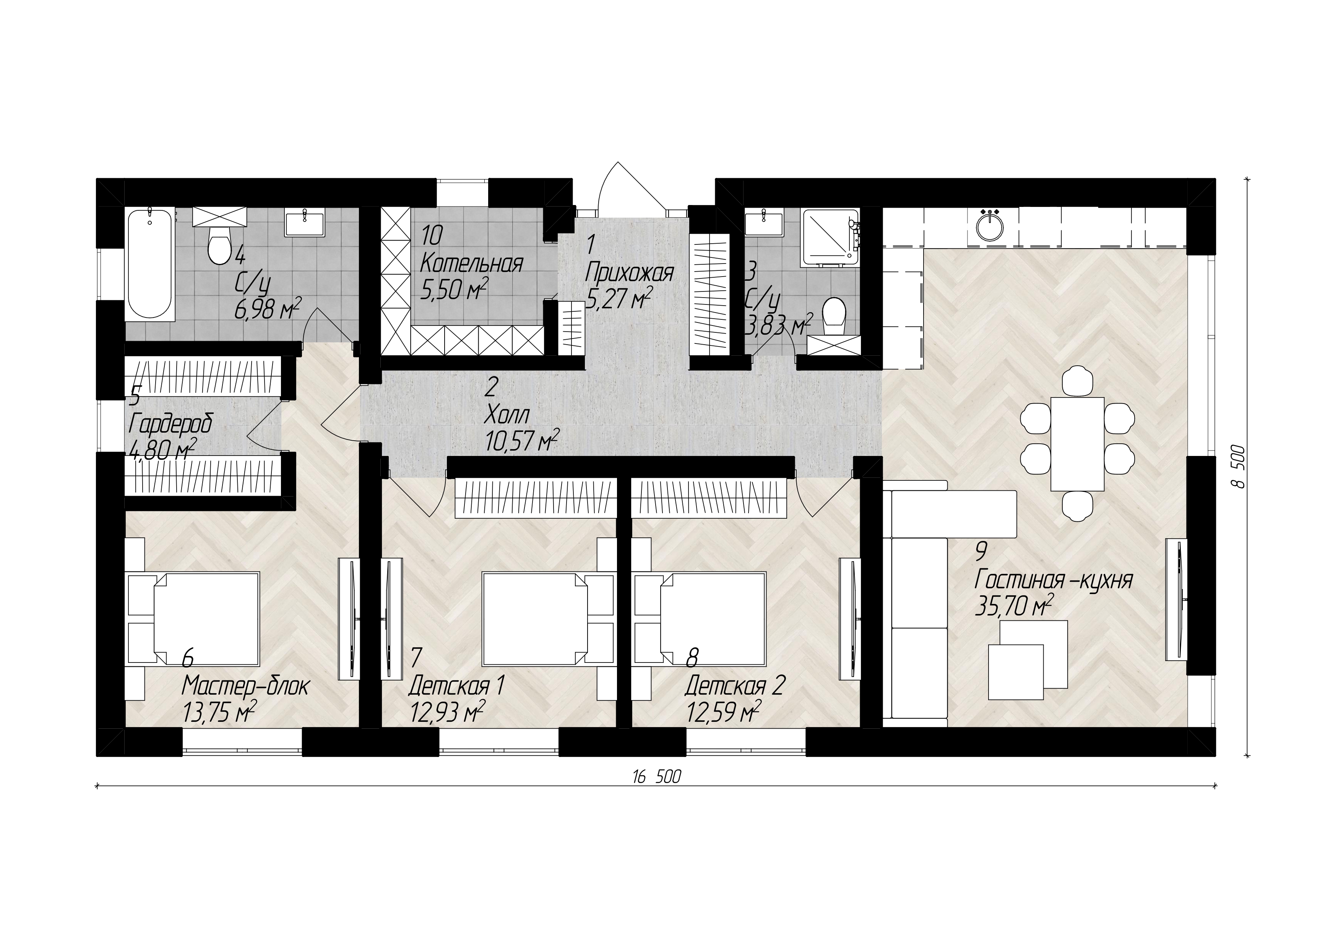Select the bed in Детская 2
[700, 618]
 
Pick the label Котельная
[471, 264]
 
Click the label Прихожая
[629, 272]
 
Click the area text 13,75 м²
[220, 712]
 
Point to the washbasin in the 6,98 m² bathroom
[304, 225]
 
